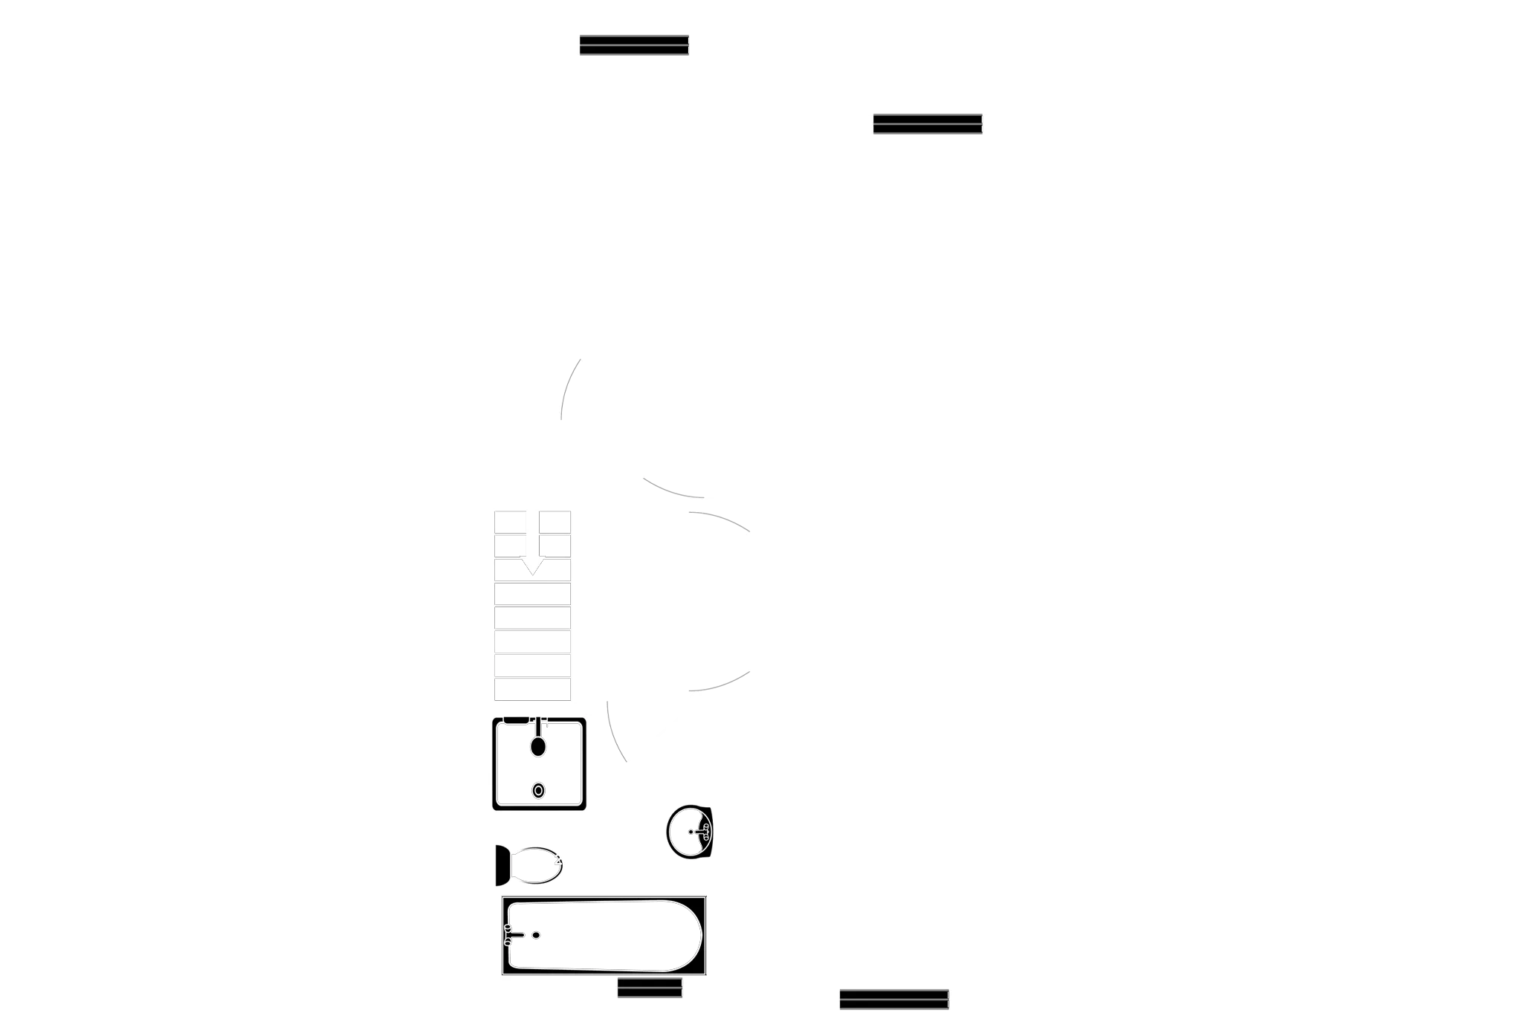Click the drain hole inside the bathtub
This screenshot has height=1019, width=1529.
pyautogui.click(x=534, y=934)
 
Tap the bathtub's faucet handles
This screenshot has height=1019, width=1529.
pyautogui.click(x=508, y=935)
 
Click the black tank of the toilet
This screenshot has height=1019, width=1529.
pyautogui.click(x=502, y=866)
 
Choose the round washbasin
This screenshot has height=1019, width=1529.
pyautogui.click(x=690, y=832)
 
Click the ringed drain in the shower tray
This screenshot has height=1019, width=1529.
pyautogui.click(x=538, y=791)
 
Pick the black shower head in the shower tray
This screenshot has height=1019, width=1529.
pyautogui.click(x=537, y=744)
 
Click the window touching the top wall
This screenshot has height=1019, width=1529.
pyautogui.click(x=633, y=45)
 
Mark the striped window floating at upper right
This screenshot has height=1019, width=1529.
pyautogui.click(x=928, y=125)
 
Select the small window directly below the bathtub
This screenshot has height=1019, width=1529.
pyautogui.click(x=649, y=989)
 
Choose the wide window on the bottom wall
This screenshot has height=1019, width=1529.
pyautogui.click(x=894, y=998)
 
